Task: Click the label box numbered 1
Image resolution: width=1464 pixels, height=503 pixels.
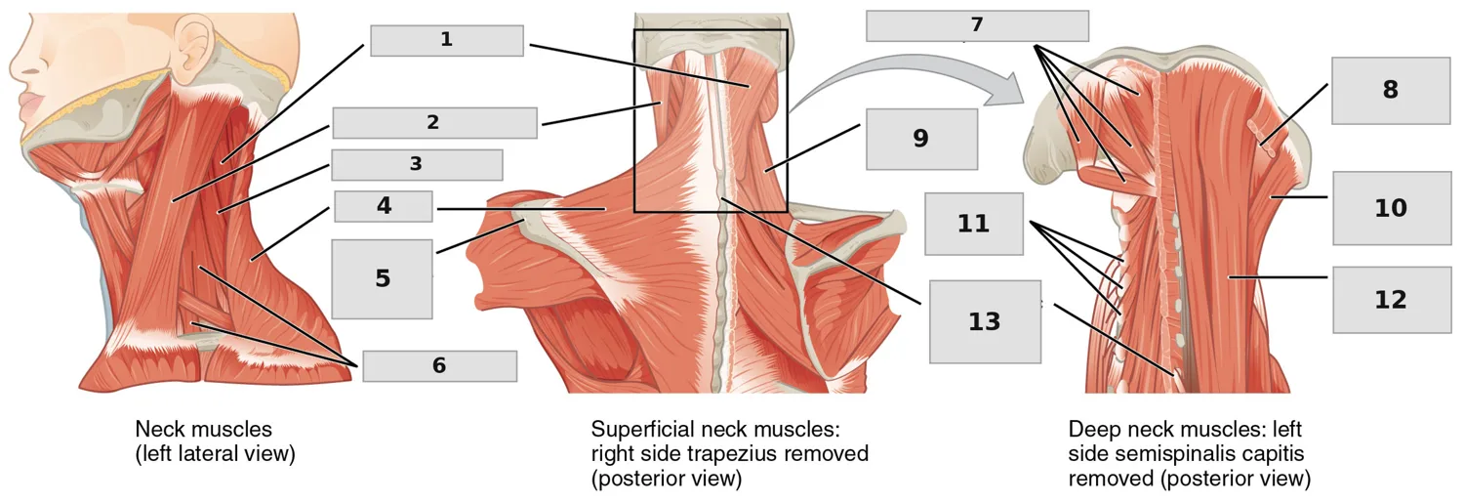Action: tap(447, 41)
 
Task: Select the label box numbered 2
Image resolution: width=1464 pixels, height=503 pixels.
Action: tap(434, 123)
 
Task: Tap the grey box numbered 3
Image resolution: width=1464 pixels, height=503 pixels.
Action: tap(417, 165)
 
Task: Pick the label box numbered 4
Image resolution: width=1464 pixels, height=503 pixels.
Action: tap(383, 207)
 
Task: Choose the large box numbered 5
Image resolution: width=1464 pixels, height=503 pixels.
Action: tap(382, 279)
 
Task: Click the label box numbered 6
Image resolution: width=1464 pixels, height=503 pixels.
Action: tap(440, 366)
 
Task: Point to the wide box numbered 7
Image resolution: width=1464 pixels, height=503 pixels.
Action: tap(977, 25)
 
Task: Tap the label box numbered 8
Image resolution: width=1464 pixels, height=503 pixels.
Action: tap(1390, 90)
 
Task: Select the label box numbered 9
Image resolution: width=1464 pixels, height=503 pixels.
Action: tap(921, 139)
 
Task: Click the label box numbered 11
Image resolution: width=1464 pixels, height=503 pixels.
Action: tap(974, 224)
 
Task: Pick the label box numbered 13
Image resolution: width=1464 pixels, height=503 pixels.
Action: tap(985, 321)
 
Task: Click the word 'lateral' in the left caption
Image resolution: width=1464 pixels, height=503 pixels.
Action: tap(220, 454)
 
